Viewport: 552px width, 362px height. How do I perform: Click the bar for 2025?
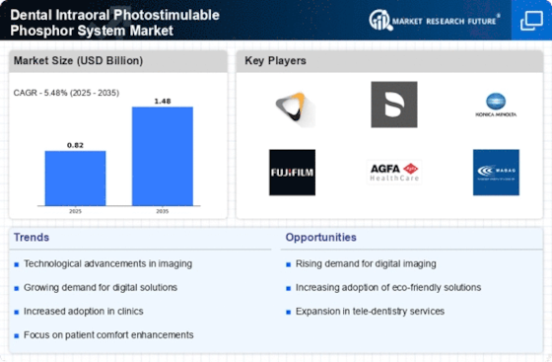tap(75, 179)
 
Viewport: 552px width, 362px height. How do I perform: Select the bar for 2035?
tap(163, 156)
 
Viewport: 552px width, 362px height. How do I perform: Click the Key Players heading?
tap(276, 61)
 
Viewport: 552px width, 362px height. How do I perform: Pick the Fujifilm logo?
tap(292, 172)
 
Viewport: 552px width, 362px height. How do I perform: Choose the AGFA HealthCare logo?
tap(394, 172)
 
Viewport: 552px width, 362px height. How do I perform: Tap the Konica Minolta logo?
tap(495, 105)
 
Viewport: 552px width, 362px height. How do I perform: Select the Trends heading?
tap(33, 237)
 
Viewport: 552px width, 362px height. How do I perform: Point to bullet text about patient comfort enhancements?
tap(108, 334)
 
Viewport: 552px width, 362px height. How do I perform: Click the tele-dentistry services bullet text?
tap(369, 311)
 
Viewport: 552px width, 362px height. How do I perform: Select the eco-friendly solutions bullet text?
tap(388, 287)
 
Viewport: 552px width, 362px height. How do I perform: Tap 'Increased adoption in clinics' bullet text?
tap(89, 311)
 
